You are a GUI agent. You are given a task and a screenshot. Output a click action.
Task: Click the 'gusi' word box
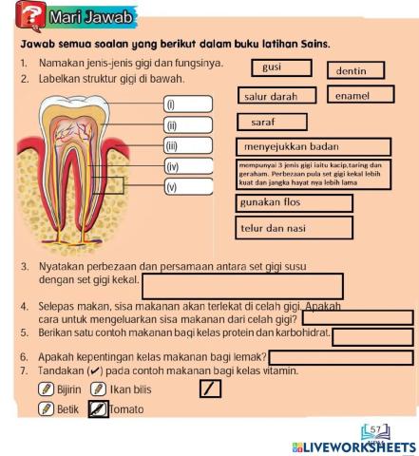point(279,67)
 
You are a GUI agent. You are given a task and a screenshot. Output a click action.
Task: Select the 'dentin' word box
point(355,70)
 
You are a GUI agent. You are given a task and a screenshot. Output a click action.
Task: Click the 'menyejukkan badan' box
point(312,146)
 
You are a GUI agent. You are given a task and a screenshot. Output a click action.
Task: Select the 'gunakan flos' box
point(294,203)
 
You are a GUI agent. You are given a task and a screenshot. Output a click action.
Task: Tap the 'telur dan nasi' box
point(294,228)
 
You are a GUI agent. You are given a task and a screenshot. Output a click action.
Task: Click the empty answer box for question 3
point(242,285)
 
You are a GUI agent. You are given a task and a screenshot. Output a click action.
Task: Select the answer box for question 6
point(342,357)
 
